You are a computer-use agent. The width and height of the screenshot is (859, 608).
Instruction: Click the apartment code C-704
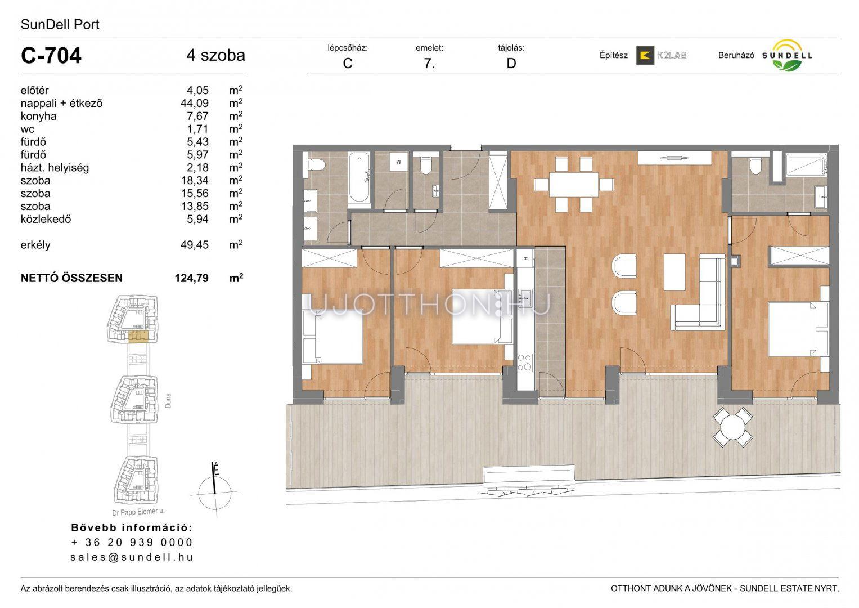[x=51, y=56]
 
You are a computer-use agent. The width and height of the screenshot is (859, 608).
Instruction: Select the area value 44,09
[x=195, y=103]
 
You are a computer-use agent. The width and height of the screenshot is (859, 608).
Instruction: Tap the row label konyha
[x=38, y=116]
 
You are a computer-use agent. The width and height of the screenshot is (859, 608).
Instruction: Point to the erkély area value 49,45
[x=195, y=245]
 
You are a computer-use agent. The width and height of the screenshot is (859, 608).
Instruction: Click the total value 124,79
[x=192, y=278]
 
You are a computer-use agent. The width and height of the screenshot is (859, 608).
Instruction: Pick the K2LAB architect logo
[x=661, y=55]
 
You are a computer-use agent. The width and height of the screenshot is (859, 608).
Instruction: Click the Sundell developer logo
[x=787, y=56]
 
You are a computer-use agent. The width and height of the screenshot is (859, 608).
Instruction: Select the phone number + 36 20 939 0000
[x=132, y=542]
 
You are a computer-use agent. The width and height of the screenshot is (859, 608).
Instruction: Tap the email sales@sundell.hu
[x=132, y=557]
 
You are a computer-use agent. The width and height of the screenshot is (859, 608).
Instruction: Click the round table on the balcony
[x=732, y=427]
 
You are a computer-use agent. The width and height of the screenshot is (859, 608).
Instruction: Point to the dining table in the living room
[x=574, y=185]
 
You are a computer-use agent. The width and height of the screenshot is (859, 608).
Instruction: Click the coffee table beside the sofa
[x=674, y=272]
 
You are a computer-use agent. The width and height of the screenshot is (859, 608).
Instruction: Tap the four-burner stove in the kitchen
[x=525, y=363]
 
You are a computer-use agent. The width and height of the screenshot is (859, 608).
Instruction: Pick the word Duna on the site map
[x=168, y=400]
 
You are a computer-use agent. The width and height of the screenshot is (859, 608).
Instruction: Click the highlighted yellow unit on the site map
[x=138, y=336]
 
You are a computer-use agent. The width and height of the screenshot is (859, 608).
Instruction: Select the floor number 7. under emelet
[x=430, y=63]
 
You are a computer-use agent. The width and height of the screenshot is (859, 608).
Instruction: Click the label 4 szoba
[x=216, y=55]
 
